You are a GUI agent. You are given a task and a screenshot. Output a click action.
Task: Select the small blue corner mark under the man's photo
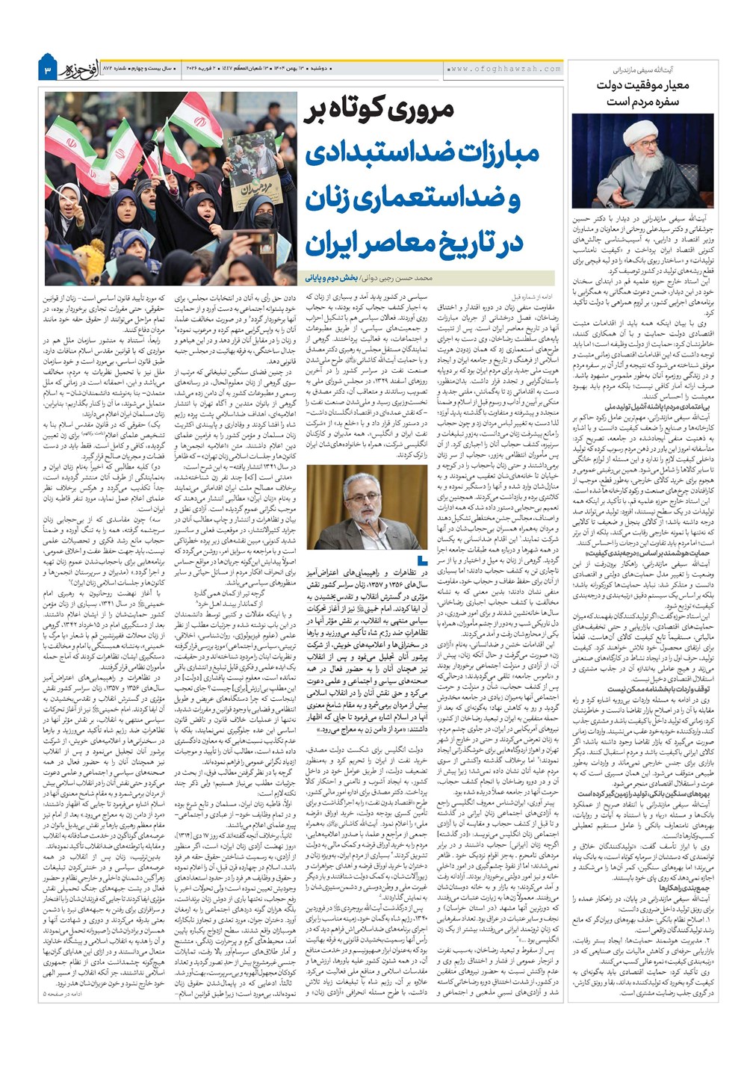424,559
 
